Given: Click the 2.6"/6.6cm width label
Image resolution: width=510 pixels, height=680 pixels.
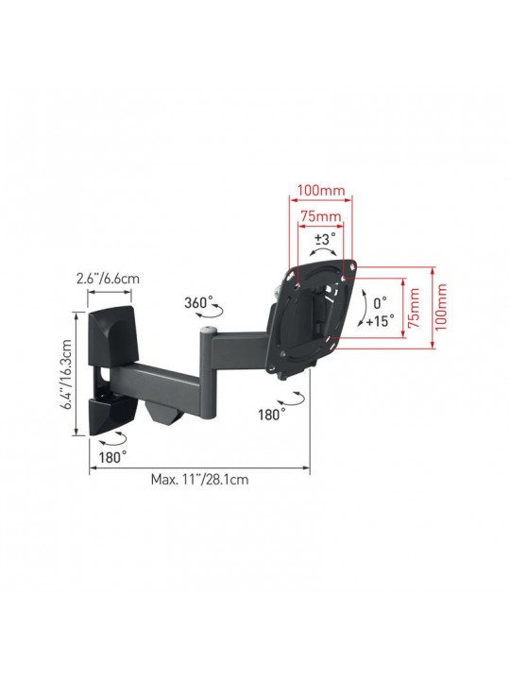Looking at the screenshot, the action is click(108, 278).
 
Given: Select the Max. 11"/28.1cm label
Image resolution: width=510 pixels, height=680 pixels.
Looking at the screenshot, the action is click(199, 479).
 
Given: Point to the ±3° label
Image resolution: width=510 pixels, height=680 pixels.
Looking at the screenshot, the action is click(325, 239).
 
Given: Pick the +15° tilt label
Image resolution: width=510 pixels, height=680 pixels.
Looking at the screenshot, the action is click(380, 321).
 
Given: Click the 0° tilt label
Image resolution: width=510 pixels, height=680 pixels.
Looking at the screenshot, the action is click(381, 303).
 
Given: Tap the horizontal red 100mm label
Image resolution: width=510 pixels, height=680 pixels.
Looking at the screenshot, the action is click(321, 190).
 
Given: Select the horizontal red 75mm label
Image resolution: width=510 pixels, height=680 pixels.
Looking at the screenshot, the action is click(321, 215).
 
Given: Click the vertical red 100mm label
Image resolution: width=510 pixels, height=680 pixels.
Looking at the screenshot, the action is click(441, 308).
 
